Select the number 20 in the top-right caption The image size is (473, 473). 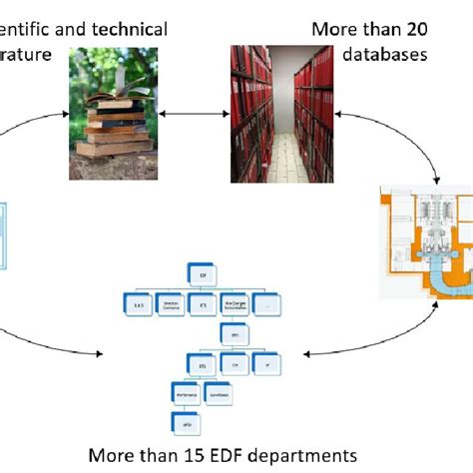(410, 29)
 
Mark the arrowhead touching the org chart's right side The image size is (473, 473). (305, 353)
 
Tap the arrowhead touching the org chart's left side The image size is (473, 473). (102, 353)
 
